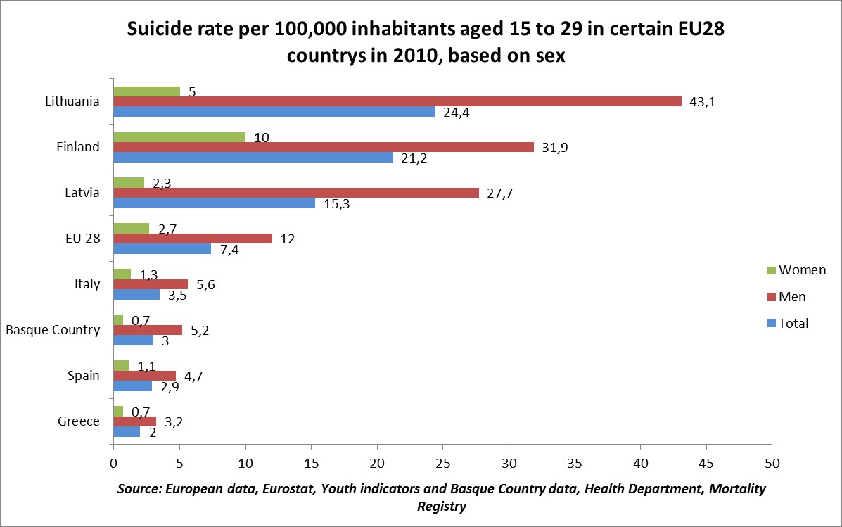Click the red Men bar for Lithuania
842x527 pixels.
[x=397, y=101]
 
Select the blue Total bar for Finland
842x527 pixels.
[x=253, y=158]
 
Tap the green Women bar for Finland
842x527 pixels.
[x=179, y=136]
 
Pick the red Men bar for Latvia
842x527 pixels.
[x=296, y=193]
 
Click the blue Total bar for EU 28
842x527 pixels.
[x=162, y=249]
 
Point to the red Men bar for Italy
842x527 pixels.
[x=151, y=284]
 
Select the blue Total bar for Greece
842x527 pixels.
[x=127, y=432]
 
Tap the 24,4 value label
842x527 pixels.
[x=456, y=113]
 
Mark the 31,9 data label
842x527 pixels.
[x=554, y=147]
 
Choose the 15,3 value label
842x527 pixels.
[x=336, y=204]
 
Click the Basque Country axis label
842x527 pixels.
[x=53, y=329]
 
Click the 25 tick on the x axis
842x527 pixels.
[x=442, y=464]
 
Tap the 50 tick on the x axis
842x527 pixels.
[x=772, y=464]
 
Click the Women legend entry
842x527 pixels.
[x=802, y=269]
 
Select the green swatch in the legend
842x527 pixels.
[x=770, y=270]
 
